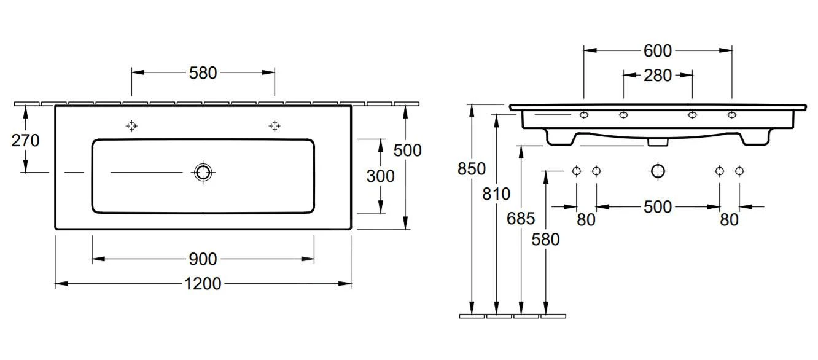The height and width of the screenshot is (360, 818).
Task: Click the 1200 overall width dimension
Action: (203, 284)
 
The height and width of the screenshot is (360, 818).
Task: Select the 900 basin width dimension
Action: (203, 259)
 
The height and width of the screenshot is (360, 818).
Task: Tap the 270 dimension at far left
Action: (25, 141)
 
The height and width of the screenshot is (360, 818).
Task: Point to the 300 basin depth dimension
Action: (380, 176)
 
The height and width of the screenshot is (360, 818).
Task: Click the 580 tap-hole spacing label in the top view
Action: (203, 72)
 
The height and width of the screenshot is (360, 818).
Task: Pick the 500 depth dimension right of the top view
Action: (407, 150)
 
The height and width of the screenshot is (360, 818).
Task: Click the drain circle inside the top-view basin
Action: (203, 173)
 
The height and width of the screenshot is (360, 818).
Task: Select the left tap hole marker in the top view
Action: (131, 126)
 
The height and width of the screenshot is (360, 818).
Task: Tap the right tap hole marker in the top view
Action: (275, 126)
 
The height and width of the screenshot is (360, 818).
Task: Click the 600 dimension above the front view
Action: (657, 50)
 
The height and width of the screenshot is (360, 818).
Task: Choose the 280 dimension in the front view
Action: (657, 76)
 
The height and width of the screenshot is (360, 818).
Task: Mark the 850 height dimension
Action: (472, 168)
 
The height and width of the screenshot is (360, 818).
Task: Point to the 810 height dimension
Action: (496, 194)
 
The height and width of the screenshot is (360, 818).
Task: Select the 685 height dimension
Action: (521, 218)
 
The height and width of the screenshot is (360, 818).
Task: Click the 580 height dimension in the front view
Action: (546, 239)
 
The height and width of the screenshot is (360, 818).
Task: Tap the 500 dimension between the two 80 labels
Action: (657, 207)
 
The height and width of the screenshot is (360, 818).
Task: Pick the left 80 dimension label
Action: (586, 219)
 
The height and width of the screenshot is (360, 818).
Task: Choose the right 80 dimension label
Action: (729, 219)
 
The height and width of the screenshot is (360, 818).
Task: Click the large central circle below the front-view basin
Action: (658, 171)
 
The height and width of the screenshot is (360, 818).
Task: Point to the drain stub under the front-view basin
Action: (658, 142)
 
